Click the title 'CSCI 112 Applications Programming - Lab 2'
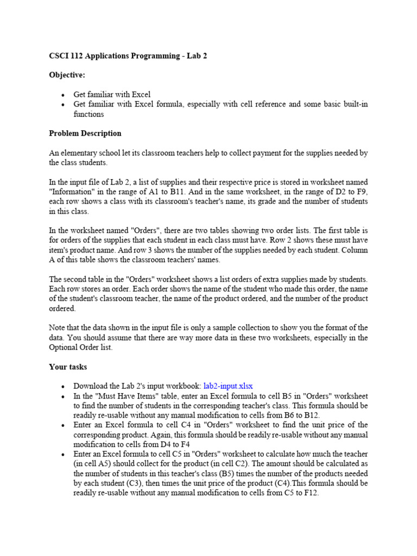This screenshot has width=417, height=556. [x=128, y=56]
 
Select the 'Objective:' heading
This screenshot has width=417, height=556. [x=67, y=75]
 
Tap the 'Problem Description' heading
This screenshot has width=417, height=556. [x=85, y=134]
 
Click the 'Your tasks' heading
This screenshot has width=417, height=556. [x=67, y=367]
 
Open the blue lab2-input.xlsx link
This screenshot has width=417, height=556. [x=228, y=386]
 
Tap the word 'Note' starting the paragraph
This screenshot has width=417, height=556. [x=58, y=328]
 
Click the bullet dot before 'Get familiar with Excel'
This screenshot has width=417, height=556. [x=64, y=95]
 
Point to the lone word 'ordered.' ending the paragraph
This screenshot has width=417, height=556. [x=62, y=308]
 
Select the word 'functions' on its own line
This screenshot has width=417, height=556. [x=89, y=114]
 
